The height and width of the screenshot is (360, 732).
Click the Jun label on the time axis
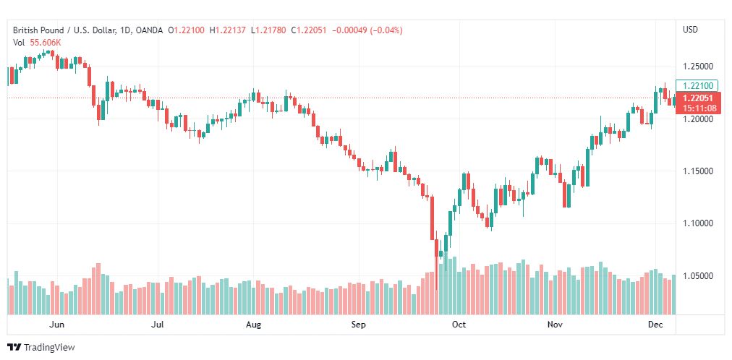pyautogui.click(x=57, y=325)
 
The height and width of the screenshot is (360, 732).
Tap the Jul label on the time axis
pyautogui.click(x=157, y=325)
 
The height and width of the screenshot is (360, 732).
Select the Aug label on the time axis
pyautogui.click(x=253, y=325)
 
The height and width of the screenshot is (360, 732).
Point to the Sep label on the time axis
pyautogui.click(x=359, y=325)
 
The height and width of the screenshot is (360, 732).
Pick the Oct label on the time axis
pyautogui.click(x=459, y=325)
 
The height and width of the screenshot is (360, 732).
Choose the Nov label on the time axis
pyautogui.click(x=555, y=325)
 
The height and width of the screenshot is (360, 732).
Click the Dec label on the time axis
pyautogui.click(x=655, y=325)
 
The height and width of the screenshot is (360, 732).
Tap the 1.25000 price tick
pyautogui.click(x=698, y=67)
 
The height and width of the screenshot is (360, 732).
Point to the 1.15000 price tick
pyautogui.click(x=698, y=171)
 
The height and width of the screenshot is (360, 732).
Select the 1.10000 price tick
pyautogui.click(x=698, y=223)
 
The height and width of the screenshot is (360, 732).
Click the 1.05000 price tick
pyautogui.click(x=698, y=276)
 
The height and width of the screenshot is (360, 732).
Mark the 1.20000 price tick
pyautogui.click(x=698, y=119)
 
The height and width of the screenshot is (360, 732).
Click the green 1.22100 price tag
pyautogui.click(x=697, y=85)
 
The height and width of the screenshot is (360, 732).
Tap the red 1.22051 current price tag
pyautogui.click(x=697, y=98)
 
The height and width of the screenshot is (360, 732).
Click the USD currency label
pyautogui.click(x=690, y=30)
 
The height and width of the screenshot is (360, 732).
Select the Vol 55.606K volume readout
pyautogui.click(x=37, y=42)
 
